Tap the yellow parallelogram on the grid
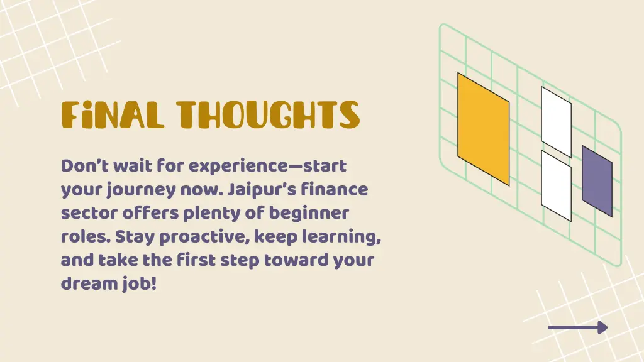pos(483,129)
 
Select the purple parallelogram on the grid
pos(597,181)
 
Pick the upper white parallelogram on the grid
pos(556,121)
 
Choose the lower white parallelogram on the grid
pos(556,185)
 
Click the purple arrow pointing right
pos(577,327)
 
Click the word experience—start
pos(268,167)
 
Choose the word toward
pos(297,260)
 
